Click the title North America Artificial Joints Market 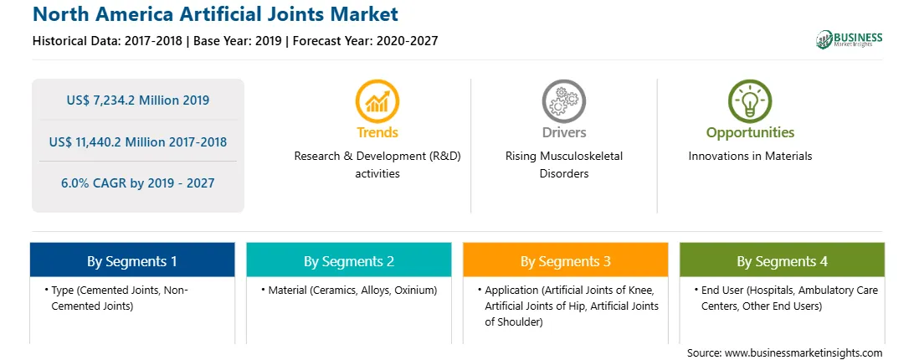(x=216, y=14)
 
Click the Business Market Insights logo (x=850, y=39)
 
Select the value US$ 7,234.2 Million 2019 (x=137, y=100)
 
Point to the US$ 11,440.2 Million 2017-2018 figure (x=137, y=141)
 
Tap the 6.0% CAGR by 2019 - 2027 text (x=137, y=183)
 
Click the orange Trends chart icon (x=377, y=101)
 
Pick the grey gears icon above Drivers (x=563, y=101)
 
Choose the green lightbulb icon (x=750, y=101)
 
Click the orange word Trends (x=377, y=132)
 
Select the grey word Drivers (x=563, y=132)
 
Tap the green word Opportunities (x=750, y=132)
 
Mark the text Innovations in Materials (x=750, y=157)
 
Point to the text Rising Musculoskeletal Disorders (x=563, y=165)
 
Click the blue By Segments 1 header (x=132, y=260)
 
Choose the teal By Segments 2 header (x=348, y=260)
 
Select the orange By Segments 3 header (x=566, y=260)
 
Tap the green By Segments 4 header (x=783, y=260)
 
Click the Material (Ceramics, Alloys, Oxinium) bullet (x=348, y=290)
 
